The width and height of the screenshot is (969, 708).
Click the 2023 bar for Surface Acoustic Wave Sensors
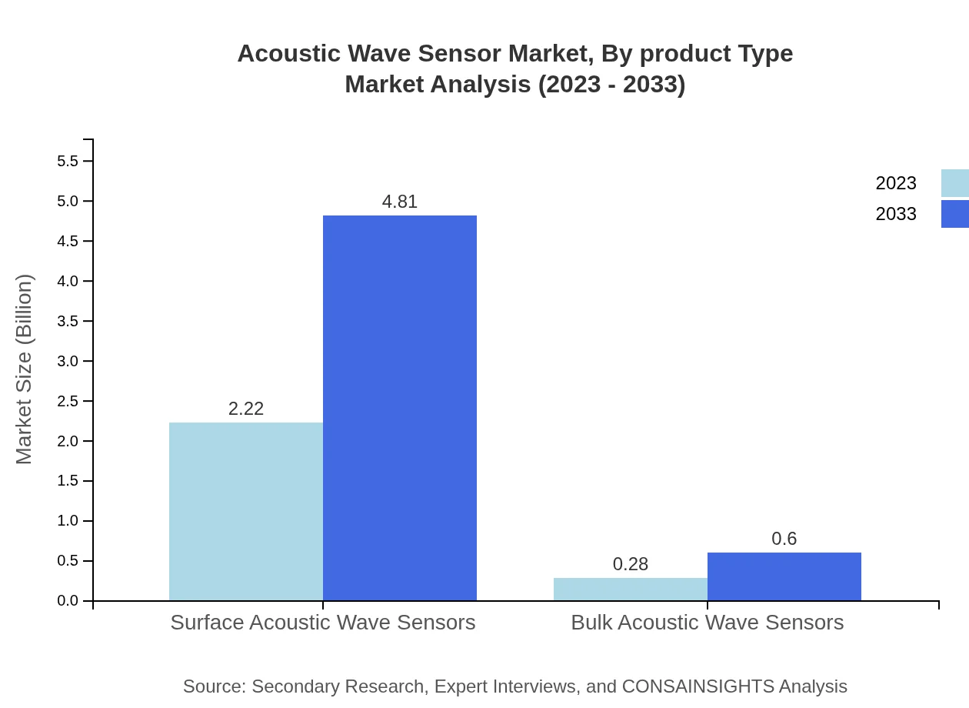246,511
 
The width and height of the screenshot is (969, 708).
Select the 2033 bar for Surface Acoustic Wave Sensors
400,408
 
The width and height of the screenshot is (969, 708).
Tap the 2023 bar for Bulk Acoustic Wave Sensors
631,589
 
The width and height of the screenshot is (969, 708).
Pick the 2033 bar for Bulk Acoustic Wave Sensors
784,576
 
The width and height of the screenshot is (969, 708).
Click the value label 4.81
400,202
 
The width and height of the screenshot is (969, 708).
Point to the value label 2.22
246,409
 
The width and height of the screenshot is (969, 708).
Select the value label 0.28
631,564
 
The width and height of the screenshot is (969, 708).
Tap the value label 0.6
784,539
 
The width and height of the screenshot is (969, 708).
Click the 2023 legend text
896,183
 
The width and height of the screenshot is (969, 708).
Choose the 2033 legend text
896,214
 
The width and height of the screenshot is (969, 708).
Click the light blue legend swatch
955,183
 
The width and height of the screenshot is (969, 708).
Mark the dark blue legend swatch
955,214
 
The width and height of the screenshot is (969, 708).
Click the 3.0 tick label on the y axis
68,361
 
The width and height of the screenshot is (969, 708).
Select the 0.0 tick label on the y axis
68,601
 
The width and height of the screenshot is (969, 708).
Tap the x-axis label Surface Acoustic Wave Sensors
323,622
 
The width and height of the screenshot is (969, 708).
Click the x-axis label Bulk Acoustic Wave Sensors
708,622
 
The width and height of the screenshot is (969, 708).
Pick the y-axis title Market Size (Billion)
24,369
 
